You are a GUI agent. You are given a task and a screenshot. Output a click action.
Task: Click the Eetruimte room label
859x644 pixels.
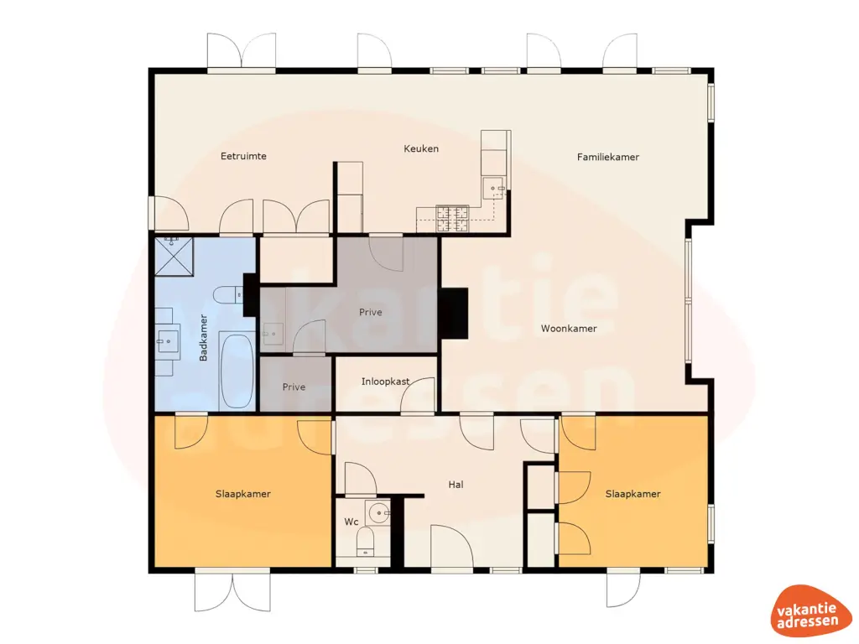(243, 156)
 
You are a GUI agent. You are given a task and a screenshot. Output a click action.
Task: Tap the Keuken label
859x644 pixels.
(421, 149)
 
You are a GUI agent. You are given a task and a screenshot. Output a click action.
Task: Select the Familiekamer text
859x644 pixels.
(608, 157)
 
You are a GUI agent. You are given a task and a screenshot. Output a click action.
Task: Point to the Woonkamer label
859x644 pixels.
(569, 329)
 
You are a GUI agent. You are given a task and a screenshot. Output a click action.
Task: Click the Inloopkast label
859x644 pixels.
(386, 382)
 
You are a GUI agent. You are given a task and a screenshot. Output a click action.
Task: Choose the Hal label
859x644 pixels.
(456, 485)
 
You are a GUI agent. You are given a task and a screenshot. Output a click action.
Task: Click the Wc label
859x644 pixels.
(351, 522)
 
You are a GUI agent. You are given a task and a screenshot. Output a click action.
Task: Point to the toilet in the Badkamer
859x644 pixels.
(226, 294)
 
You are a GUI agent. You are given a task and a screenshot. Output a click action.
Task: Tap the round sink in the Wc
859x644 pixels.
(377, 512)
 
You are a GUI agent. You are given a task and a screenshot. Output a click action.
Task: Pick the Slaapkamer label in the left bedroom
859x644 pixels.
(242, 494)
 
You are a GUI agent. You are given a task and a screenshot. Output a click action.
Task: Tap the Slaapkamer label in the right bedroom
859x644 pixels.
(633, 494)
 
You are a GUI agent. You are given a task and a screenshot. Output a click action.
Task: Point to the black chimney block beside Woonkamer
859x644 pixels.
(454, 313)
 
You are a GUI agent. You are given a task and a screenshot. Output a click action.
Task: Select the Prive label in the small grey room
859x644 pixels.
(294, 387)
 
